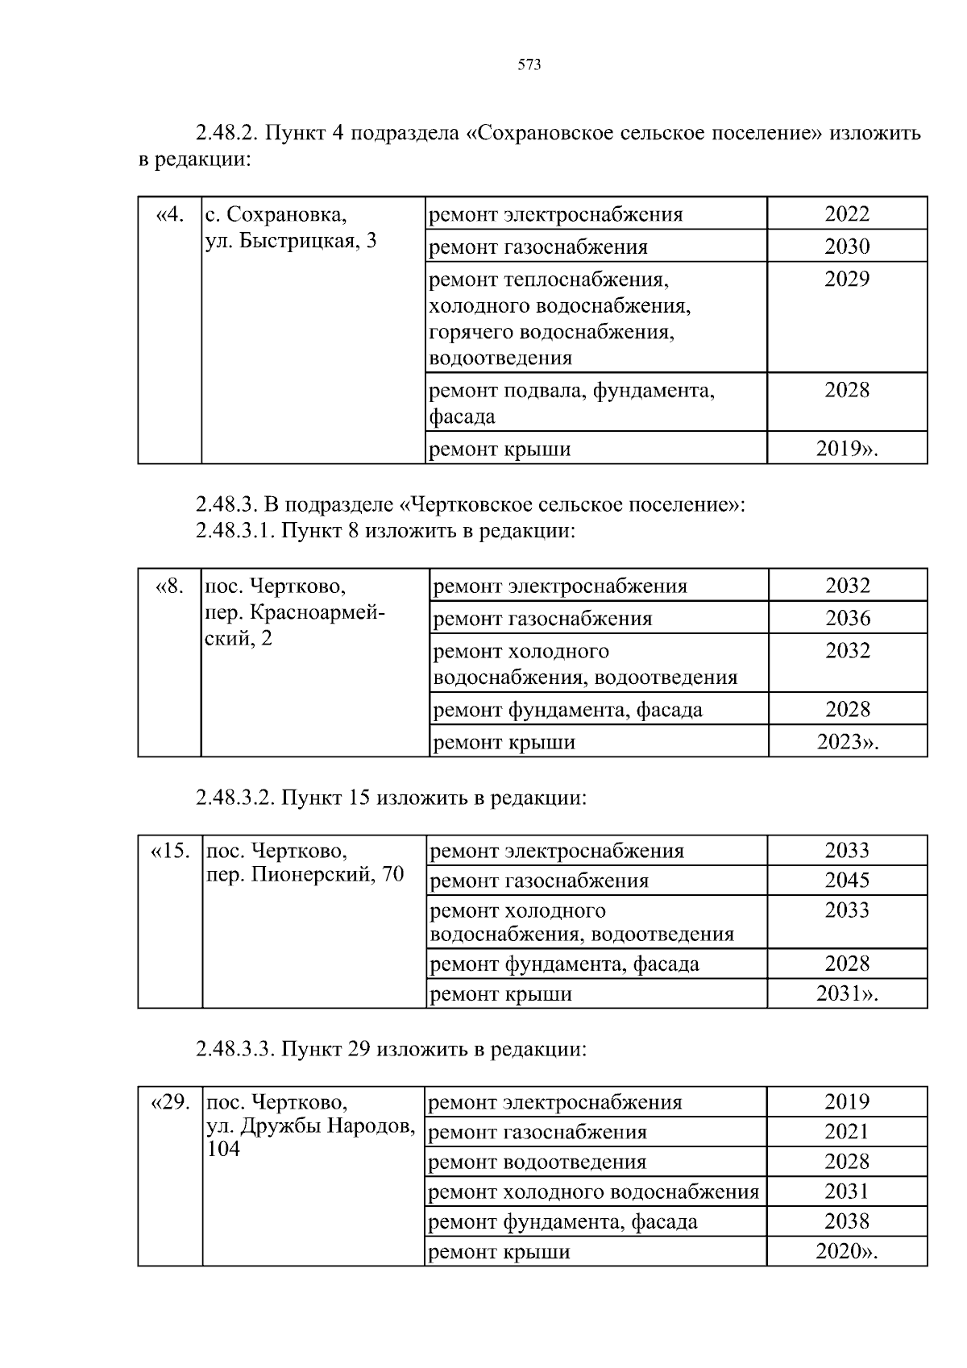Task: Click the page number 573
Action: tap(529, 65)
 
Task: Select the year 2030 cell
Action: tap(846, 247)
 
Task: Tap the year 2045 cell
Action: tap(846, 881)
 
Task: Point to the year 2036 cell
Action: tap(847, 619)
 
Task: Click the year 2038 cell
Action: tap(846, 1221)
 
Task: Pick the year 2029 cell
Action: tap(846, 280)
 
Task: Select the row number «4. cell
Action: tap(170, 215)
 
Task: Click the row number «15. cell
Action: tap(170, 851)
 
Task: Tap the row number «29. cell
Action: tap(170, 1102)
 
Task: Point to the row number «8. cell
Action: tap(170, 587)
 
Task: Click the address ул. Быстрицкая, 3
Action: tap(291, 241)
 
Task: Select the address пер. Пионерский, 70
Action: tap(305, 875)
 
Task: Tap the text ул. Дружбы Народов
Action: tap(310, 1126)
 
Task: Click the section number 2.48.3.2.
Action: tap(236, 798)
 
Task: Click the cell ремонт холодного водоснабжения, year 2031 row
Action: tap(593, 1192)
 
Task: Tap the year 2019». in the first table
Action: tap(846, 450)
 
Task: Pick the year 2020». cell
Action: tap(846, 1252)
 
